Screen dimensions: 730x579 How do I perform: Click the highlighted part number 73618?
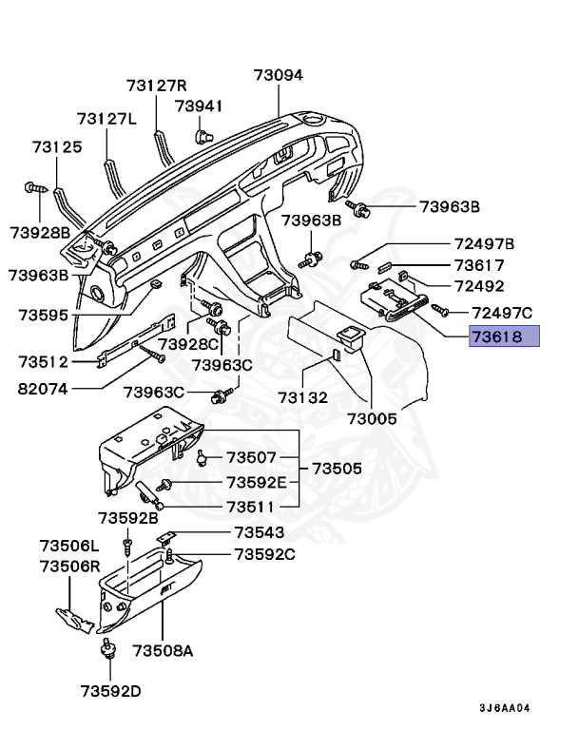(504, 336)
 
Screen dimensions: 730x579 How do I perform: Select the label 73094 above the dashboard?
(278, 75)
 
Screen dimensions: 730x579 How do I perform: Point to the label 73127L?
(106, 119)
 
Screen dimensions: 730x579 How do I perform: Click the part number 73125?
(57, 147)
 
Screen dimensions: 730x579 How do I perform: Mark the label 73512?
(45, 362)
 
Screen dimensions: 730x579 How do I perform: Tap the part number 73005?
(373, 417)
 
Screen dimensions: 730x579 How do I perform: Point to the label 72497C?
(503, 313)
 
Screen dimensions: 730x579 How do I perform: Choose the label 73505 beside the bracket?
(338, 469)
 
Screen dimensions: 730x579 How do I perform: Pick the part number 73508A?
(163, 650)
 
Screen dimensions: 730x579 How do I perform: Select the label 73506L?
(69, 546)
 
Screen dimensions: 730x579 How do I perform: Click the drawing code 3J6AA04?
(504, 708)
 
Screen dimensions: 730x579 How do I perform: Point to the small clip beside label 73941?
(202, 135)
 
